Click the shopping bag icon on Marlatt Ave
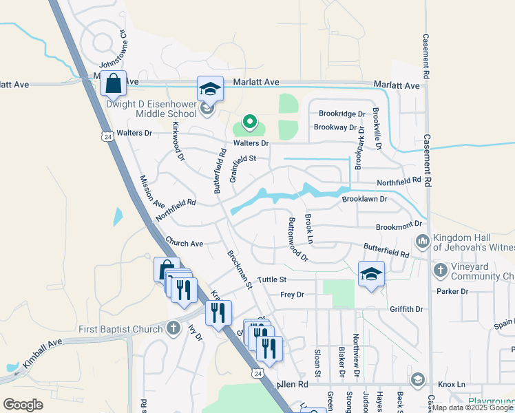tap(113, 84)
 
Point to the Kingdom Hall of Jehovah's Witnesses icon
tap(421, 241)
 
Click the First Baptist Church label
tap(120, 328)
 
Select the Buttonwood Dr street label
tap(297, 239)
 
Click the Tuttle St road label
tap(271, 280)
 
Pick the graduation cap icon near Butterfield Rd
tap(371, 273)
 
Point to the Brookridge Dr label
tap(341, 114)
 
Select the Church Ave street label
tap(184, 244)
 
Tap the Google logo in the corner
tap(23, 404)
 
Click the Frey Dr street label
tap(292, 295)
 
